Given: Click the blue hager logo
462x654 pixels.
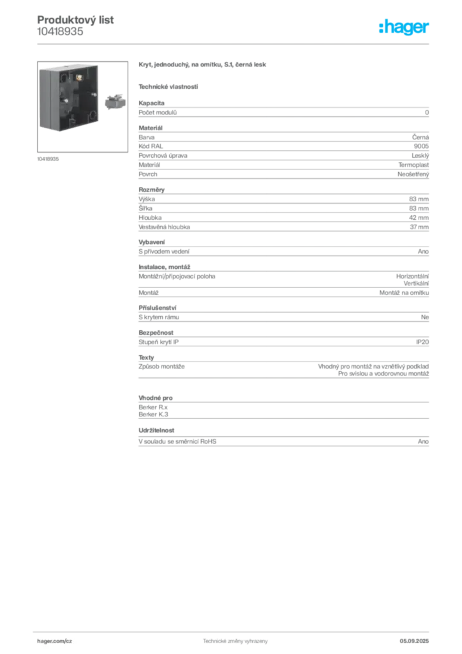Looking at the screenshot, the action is click(x=405, y=27).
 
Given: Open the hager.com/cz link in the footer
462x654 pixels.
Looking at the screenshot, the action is click(x=56, y=640).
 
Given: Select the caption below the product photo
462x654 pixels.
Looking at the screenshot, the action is click(x=48, y=158).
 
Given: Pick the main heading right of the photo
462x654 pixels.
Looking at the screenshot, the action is click(x=204, y=66).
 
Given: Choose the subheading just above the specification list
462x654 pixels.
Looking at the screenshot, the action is click(x=168, y=86).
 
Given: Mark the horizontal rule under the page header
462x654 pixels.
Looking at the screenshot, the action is click(x=235, y=43).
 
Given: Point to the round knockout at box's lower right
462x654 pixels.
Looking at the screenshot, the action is click(x=94, y=117).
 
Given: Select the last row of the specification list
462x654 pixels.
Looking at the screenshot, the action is click(x=283, y=441).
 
